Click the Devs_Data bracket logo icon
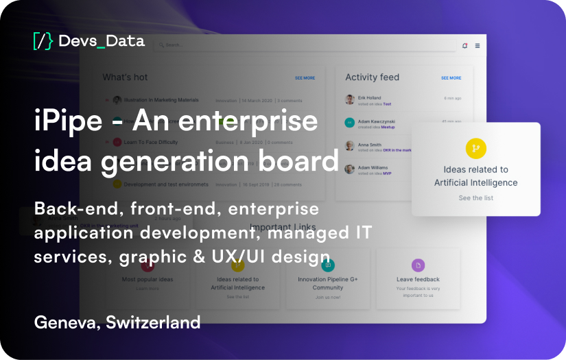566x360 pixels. click(x=43, y=41)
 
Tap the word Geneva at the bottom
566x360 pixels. click(x=64, y=322)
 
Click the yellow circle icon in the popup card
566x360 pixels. click(x=475, y=148)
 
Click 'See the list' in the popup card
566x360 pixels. click(x=475, y=198)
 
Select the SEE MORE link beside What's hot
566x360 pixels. click(x=305, y=78)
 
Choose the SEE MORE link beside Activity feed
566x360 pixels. click(x=451, y=78)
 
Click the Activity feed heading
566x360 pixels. click(x=372, y=77)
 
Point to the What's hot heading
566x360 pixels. click(x=125, y=77)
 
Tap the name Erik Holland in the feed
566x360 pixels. click(x=369, y=98)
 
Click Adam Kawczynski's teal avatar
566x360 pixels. click(x=350, y=123)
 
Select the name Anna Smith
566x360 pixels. click(x=369, y=145)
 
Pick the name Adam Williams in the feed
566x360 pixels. click(x=373, y=167)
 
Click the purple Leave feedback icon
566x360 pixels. click(x=418, y=265)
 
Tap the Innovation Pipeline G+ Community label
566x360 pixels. click(x=328, y=283)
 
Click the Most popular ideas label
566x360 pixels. click(x=148, y=280)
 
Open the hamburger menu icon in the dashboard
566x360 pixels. click(x=477, y=45)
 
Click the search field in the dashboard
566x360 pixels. click(x=274, y=45)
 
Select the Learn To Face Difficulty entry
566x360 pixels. click(x=150, y=143)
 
